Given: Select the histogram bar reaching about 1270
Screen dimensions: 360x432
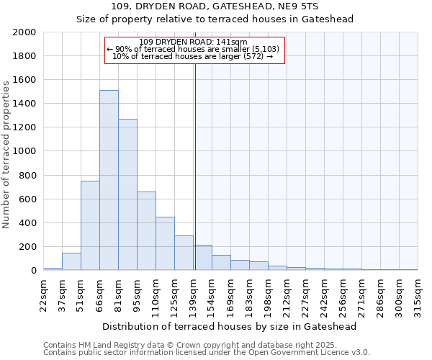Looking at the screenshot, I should (x=127, y=194).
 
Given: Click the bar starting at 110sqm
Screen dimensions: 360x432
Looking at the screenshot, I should (x=165, y=243).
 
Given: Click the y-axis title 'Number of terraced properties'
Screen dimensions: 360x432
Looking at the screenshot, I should (x=6, y=154).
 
